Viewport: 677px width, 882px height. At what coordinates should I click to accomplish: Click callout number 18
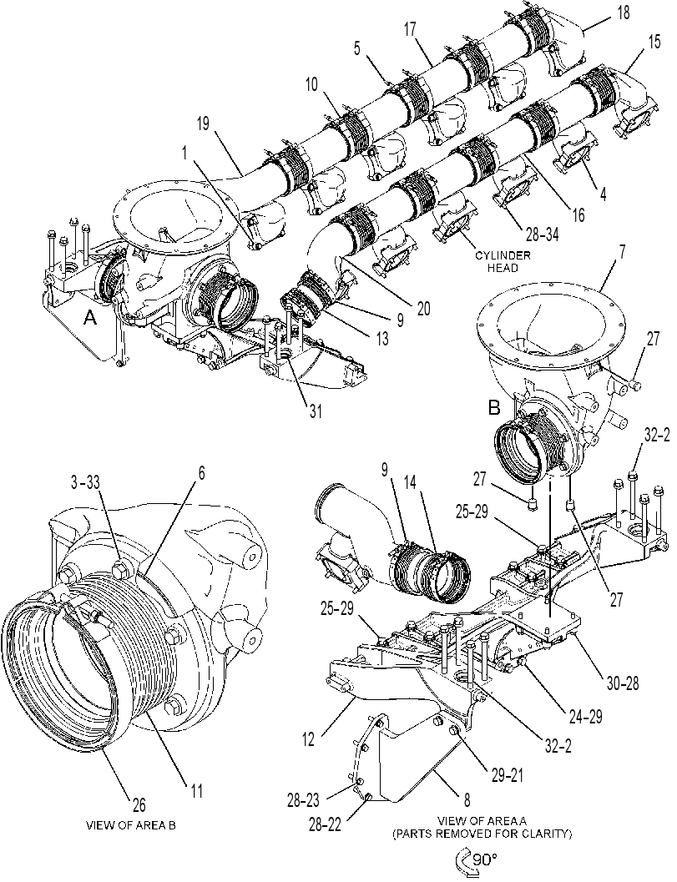pyautogui.click(x=623, y=13)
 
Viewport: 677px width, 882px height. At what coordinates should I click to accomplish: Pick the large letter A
pyautogui.click(x=91, y=320)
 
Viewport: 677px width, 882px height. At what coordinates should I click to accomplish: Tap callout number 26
pyautogui.click(x=139, y=804)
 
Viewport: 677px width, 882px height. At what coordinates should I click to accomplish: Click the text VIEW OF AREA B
pyautogui.click(x=130, y=825)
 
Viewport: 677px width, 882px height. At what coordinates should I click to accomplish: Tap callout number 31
pyautogui.click(x=316, y=411)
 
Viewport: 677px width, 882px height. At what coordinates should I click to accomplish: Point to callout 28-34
pyautogui.click(x=534, y=238)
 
